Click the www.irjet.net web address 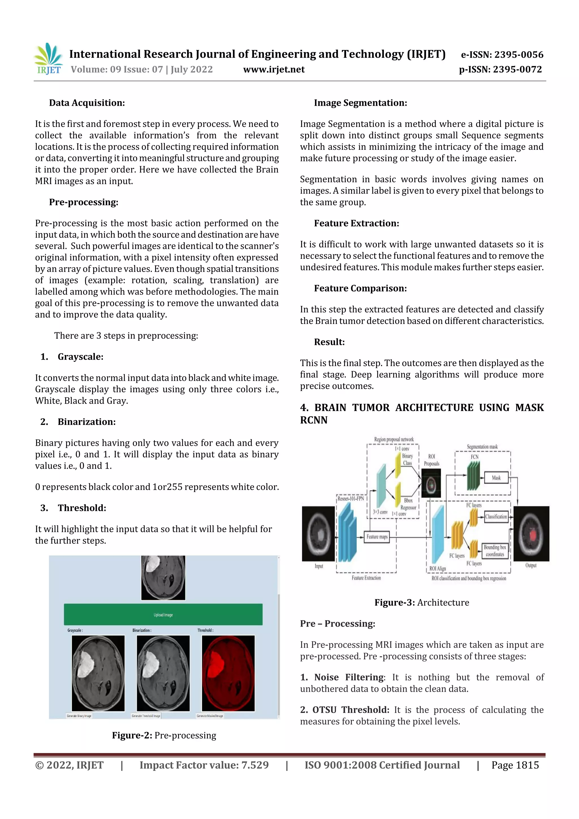(x=274, y=70)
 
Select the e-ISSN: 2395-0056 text (x=502, y=55)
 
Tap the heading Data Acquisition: (x=87, y=103)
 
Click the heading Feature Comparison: (x=360, y=288)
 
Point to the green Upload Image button (x=163, y=614)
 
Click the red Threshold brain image (x=228, y=673)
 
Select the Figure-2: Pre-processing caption (x=164, y=735)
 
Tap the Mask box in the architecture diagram (x=496, y=477)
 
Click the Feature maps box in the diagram (x=377, y=537)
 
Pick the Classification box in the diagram (x=496, y=517)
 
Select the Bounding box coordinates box (x=495, y=550)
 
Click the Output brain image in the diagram (x=531, y=534)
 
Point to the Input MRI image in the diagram (x=318, y=534)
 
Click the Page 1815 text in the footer (x=515, y=765)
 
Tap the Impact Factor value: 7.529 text (x=204, y=765)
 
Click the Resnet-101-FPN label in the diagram (x=351, y=499)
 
